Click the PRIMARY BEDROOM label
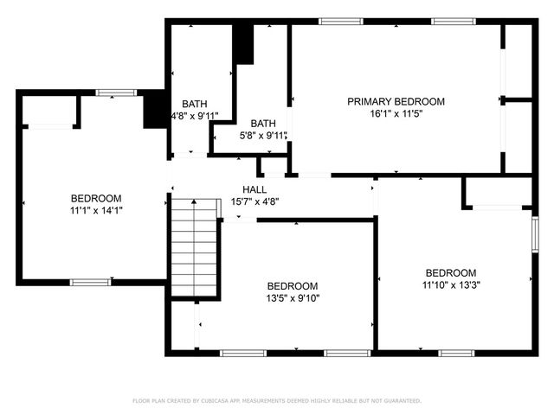click(x=396, y=101)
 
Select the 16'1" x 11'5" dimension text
click(x=396, y=113)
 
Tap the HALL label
click(x=254, y=189)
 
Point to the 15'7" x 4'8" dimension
click(x=254, y=201)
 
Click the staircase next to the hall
click(x=194, y=246)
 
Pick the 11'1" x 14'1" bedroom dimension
click(x=95, y=210)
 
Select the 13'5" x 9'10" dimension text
click(x=292, y=298)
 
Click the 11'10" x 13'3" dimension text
click(x=451, y=284)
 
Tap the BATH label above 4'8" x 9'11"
click(x=194, y=104)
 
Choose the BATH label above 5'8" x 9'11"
click(x=263, y=124)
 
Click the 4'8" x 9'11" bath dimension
click(x=195, y=116)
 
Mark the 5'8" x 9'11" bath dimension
click(x=264, y=136)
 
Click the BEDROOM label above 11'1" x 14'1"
click(x=95, y=198)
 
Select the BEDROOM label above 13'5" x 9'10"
click(x=292, y=286)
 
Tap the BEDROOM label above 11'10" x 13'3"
click(x=451, y=272)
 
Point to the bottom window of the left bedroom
click(x=90, y=282)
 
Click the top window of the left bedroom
click(x=115, y=93)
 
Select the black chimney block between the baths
click(x=244, y=44)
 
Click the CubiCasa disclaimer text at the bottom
click(x=276, y=401)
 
